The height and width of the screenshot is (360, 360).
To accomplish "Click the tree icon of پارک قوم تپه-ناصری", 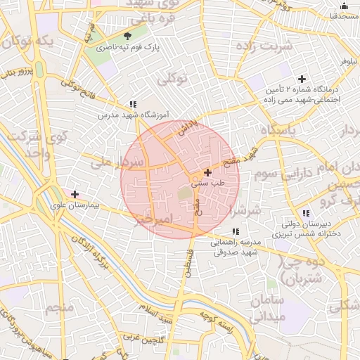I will pyautogui.click(x=127, y=37).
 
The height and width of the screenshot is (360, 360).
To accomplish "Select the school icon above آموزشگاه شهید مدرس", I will pyautogui.click(x=134, y=103).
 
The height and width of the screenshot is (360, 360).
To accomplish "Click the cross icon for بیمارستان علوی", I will pyautogui.click(x=75, y=194).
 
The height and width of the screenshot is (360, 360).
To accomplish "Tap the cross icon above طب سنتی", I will pyautogui.click(x=207, y=172).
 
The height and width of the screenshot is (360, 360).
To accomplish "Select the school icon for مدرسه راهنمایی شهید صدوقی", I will pyautogui.click(x=236, y=231).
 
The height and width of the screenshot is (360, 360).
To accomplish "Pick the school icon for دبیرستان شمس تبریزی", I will pyautogui.click(x=304, y=213).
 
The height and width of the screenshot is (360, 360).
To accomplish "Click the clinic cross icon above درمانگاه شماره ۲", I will pyautogui.click(x=302, y=79).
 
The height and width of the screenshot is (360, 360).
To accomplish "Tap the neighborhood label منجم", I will pyautogui.click(x=60, y=308).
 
